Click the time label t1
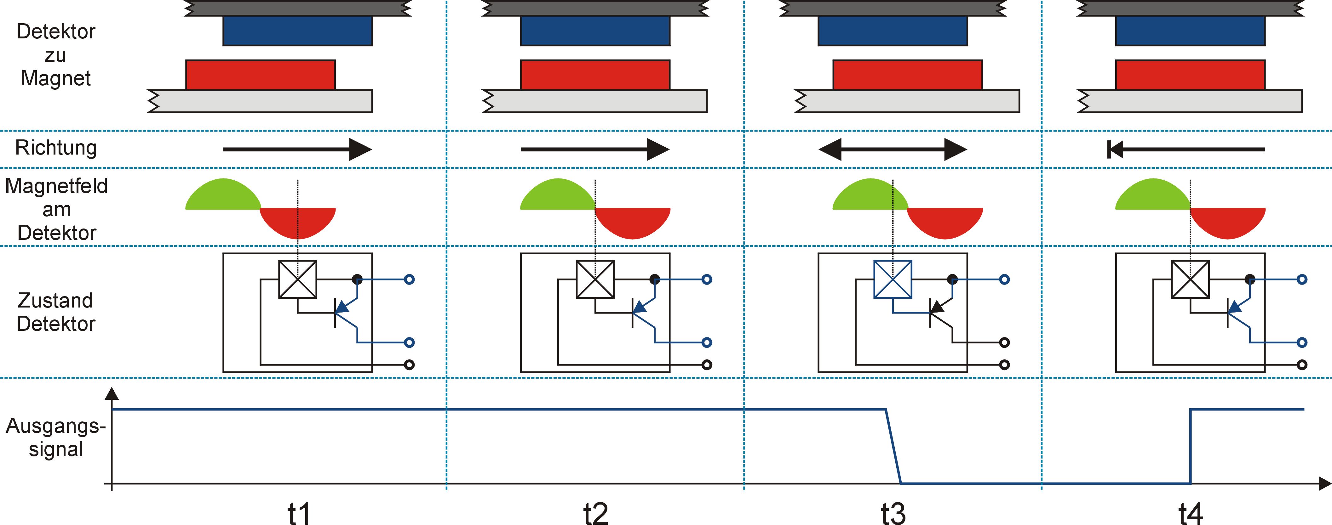pos(299,513)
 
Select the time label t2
pos(596,513)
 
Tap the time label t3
pos(893,513)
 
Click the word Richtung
pos(56,148)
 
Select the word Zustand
pos(55,300)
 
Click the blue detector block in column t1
pos(297,31)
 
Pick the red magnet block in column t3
pos(907,75)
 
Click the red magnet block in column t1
pos(261,75)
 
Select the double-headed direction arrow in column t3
pos(893,149)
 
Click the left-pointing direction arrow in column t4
pos(1186,149)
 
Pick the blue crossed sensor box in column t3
pos(893,279)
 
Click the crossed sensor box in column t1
pos(297,279)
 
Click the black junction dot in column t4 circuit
pos(1250,279)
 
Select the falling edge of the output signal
pos(893,446)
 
